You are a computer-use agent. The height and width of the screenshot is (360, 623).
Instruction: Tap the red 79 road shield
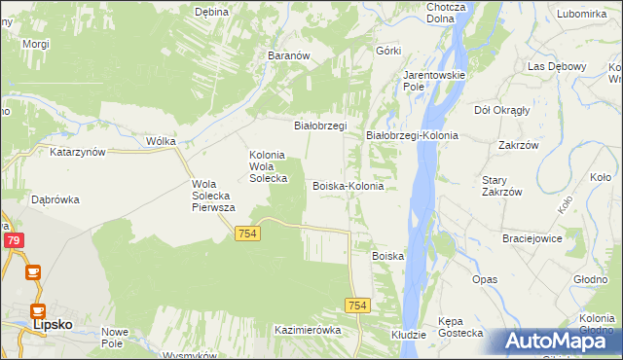click(14, 240)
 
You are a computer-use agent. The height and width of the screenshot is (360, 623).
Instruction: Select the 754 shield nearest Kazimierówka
click(357, 306)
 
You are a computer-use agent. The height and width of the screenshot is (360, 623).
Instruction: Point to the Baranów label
click(288, 56)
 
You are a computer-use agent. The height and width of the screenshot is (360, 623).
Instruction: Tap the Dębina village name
click(211, 12)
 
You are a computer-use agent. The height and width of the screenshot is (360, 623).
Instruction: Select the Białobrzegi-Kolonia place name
click(412, 135)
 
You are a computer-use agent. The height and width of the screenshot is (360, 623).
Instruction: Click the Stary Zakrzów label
click(502, 186)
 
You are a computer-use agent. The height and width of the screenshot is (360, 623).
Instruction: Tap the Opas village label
click(485, 279)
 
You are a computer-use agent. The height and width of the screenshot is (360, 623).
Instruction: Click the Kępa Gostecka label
click(460, 326)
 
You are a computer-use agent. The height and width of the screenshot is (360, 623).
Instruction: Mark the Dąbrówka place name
click(55, 199)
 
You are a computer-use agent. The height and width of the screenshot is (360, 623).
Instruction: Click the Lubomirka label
click(582, 14)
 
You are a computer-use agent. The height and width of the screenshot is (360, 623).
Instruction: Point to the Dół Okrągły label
click(501, 110)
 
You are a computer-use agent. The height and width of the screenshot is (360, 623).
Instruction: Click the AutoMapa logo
click(558, 342)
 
